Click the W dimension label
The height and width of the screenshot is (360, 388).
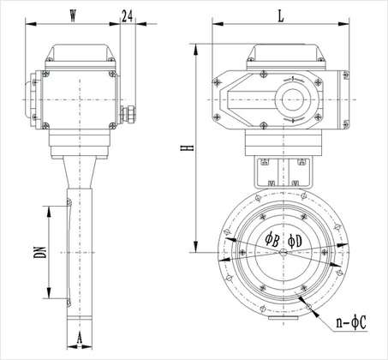pos(73,15)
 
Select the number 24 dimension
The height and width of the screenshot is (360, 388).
pos(128,16)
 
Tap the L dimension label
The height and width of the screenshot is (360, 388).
pos(281,16)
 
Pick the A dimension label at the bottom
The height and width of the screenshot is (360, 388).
pos(80,339)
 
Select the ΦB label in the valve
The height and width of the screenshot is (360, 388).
pos(272,240)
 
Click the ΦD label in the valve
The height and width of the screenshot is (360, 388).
pos(295,241)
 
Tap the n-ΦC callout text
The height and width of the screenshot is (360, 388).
pos(351,323)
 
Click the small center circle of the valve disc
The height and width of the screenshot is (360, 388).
pos(284,252)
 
